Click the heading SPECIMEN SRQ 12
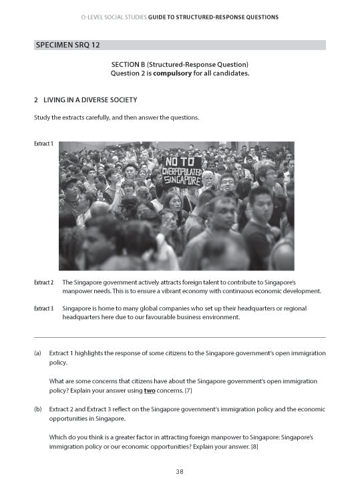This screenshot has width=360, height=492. (x=67, y=45)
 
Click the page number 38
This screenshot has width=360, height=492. (x=180, y=472)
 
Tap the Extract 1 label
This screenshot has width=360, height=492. (x=43, y=144)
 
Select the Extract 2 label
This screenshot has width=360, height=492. (x=43, y=282)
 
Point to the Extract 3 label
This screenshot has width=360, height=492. (x=43, y=308)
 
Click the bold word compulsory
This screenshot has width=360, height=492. (x=172, y=73)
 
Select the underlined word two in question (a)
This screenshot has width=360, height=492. (x=150, y=390)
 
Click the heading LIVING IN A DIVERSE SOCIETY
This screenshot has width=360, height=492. (x=90, y=100)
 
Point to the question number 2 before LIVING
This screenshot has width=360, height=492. (x=35, y=100)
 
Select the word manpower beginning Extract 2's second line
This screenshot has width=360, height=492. (x=77, y=292)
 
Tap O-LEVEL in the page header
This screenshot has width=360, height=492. (x=94, y=17)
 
